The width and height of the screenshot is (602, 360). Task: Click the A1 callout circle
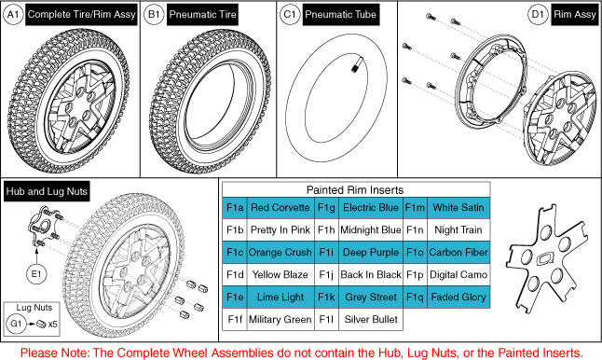click(13, 15)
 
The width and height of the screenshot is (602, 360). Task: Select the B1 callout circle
click(154, 15)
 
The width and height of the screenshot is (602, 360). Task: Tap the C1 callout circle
click(290, 15)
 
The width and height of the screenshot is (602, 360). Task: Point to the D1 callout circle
click(538, 15)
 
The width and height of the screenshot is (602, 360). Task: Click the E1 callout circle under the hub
click(36, 274)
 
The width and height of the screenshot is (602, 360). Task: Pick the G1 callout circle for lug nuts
click(16, 324)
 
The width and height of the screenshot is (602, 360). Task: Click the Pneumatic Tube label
click(340, 15)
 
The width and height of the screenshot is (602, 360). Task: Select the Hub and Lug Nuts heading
click(47, 191)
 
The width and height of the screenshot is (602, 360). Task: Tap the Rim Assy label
click(575, 15)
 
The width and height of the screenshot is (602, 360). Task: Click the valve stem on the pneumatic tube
click(356, 65)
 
